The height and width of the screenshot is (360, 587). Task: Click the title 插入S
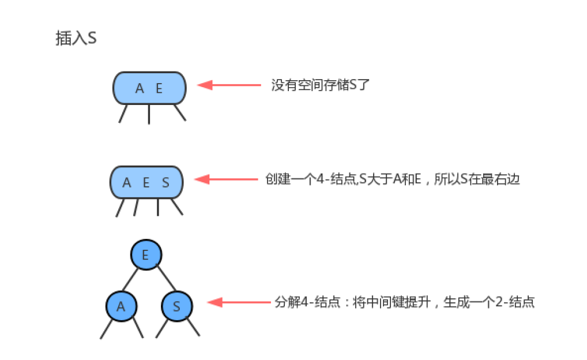pos(76,38)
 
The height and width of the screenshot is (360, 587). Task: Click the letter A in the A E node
pos(140,88)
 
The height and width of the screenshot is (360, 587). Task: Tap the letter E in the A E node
pos(159,88)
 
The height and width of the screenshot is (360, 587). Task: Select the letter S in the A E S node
pos(165,182)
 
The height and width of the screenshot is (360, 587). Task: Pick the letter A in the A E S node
pos(127,182)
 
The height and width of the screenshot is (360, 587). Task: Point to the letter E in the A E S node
pos(146,182)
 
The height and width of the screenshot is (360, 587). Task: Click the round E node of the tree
pos(146,255)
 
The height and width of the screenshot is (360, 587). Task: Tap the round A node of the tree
pos(121,306)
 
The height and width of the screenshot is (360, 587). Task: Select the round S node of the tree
pos(176,306)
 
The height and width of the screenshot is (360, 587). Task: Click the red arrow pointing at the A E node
pos(229,85)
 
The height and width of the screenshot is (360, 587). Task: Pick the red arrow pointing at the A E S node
pos(227,179)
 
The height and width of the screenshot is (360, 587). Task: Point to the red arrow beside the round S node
pos(239,302)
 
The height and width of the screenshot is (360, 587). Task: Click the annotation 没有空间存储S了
pos(321,85)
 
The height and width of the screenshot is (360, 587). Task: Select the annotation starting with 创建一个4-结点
pos(393,179)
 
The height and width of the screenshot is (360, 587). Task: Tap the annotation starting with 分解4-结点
pos(405,302)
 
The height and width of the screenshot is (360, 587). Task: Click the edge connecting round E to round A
pos(130,279)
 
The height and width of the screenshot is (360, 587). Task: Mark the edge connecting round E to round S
pos(166,279)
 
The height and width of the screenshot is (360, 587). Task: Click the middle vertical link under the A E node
pos(149,114)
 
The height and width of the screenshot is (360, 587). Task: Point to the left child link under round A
pos(106,329)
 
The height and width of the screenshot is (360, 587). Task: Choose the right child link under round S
pos(193,327)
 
